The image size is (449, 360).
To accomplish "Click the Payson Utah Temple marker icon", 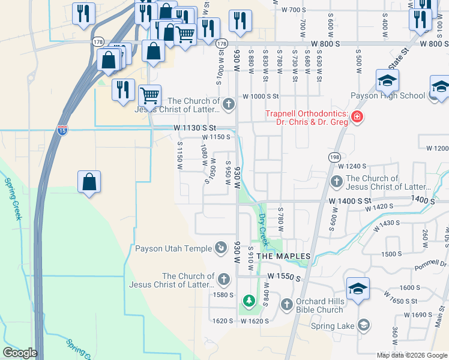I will point(221,248).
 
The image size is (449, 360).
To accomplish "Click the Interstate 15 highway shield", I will point(62,130).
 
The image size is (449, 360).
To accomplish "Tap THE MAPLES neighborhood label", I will point(283,256).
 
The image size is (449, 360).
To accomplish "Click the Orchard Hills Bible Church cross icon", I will point(286,304).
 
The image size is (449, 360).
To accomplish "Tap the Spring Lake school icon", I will point(363,326).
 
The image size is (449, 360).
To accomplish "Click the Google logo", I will point(20,353).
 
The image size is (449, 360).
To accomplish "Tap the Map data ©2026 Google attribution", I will point(411,355).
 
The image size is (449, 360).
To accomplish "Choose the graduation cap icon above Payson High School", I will point(387,80).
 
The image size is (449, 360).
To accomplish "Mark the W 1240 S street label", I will point(352,166).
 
